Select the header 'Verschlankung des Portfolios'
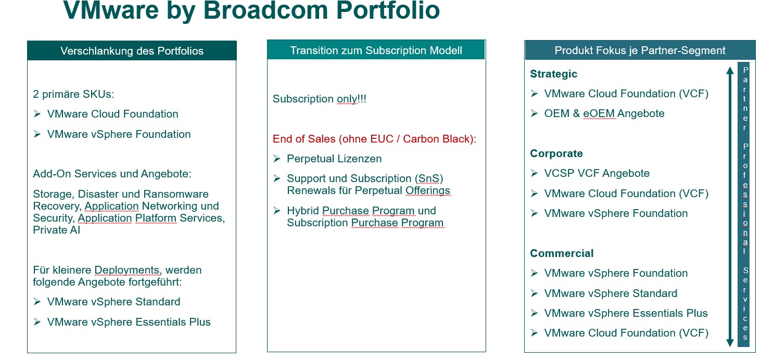point(132,51)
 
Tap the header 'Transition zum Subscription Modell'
point(376,50)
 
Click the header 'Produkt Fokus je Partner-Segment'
point(640,50)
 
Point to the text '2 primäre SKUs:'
point(73,94)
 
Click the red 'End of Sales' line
point(374,139)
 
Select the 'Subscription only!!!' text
point(320,99)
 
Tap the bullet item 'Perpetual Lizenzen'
point(334,159)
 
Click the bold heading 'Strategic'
point(553,74)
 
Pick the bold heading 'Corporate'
point(556,153)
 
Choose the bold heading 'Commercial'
point(562,253)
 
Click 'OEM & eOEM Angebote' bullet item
point(604,113)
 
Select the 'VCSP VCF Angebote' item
point(597,173)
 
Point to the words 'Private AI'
point(56,230)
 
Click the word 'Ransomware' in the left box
point(175,194)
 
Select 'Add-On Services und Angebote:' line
point(112,174)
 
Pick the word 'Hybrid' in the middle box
point(302,211)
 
